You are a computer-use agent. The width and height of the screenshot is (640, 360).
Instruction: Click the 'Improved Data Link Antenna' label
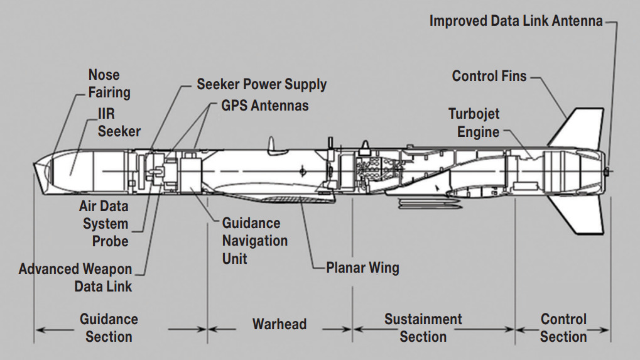(x=516, y=21)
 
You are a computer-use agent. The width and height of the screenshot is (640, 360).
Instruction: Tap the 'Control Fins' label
(x=489, y=77)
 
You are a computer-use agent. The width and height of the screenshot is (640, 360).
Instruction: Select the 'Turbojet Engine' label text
(x=474, y=123)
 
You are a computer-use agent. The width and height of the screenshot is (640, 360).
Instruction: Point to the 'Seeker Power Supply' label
(x=261, y=84)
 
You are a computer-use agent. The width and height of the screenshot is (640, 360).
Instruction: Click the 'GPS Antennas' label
(x=265, y=105)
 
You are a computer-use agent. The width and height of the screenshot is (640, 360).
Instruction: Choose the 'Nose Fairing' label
(x=109, y=84)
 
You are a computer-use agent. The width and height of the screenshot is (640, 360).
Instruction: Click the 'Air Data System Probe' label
(x=105, y=224)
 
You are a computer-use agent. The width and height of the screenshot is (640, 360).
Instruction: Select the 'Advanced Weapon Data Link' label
(x=75, y=278)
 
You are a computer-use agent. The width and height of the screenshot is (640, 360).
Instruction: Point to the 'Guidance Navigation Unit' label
(x=254, y=241)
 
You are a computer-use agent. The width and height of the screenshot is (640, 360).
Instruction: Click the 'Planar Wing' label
(x=362, y=268)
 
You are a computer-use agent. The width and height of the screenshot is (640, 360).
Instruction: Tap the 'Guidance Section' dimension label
(x=109, y=327)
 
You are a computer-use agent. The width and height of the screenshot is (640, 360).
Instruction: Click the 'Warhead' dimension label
(x=279, y=324)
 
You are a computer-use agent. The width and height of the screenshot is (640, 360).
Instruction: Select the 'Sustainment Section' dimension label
(x=423, y=327)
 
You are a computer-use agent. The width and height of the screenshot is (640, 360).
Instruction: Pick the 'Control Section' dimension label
(x=563, y=327)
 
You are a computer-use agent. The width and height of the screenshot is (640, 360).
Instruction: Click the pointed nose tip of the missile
(x=35, y=166)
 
